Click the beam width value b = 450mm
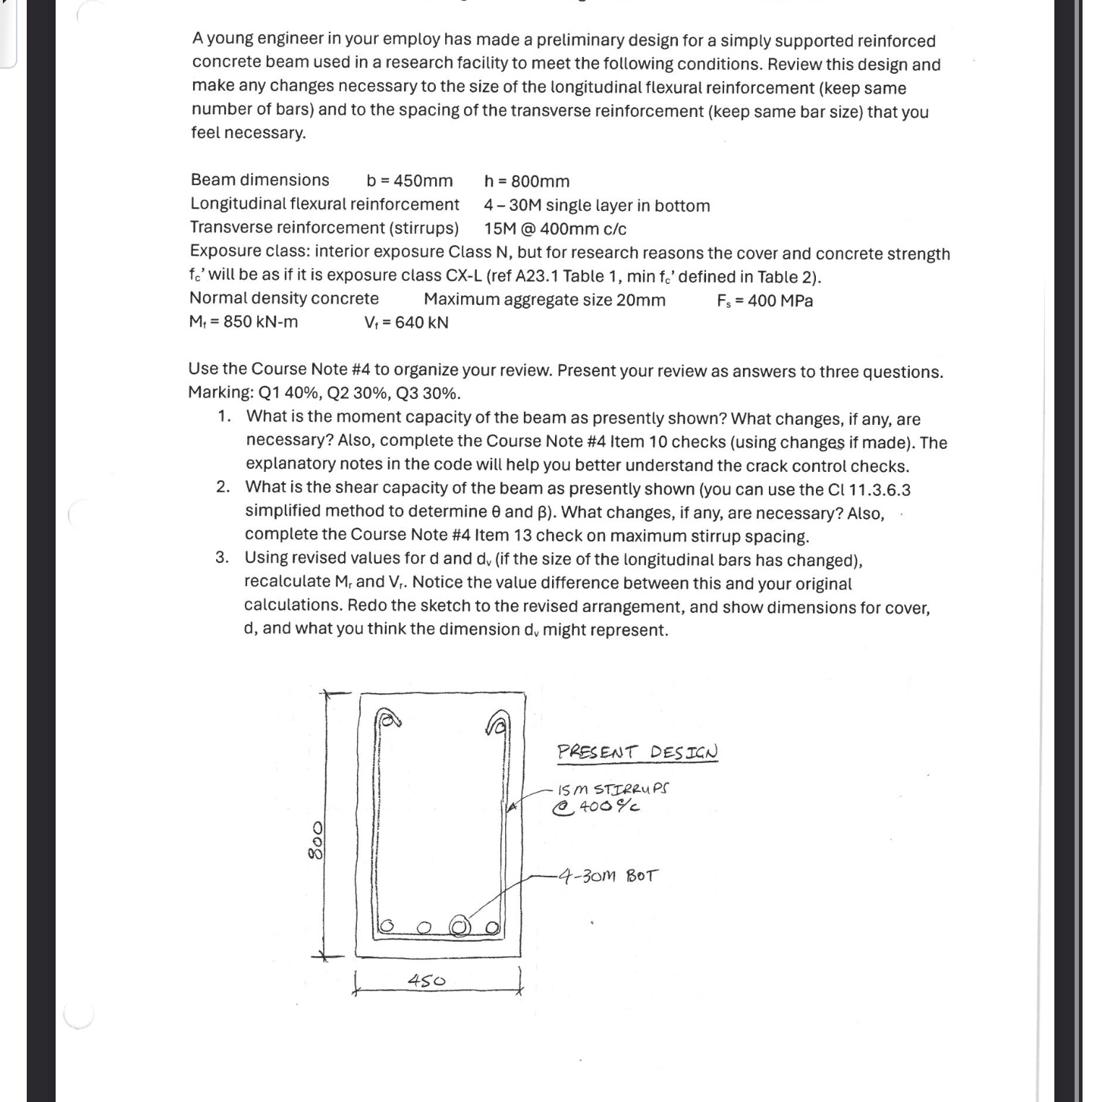pyautogui.click(x=409, y=181)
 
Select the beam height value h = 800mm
pyautogui.click(x=527, y=181)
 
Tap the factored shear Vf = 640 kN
pyautogui.click(x=406, y=322)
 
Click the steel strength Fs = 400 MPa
pyautogui.click(x=765, y=301)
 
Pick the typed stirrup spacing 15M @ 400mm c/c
pyautogui.click(x=555, y=229)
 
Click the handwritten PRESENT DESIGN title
pyautogui.click(x=637, y=752)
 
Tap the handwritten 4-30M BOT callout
pyautogui.click(x=611, y=877)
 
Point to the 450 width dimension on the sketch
pyautogui.click(x=426, y=981)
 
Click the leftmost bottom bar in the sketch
pyautogui.click(x=387, y=926)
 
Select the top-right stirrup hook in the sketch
pyautogui.click(x=497, y=720)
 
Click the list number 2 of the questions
pyautogui.click(x=223, y=487)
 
